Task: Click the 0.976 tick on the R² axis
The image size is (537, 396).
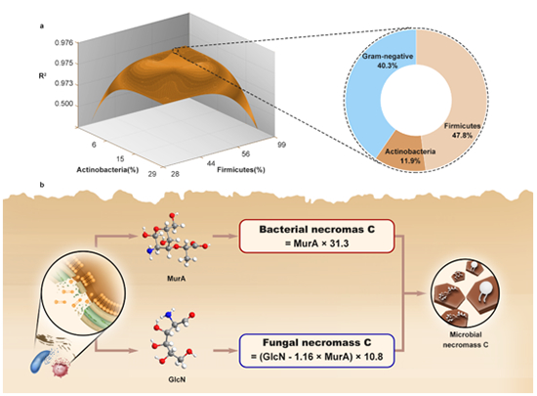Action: coord(64,43)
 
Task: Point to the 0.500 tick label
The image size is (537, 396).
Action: coord(64,104)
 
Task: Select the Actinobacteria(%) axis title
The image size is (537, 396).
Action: coord(107,170)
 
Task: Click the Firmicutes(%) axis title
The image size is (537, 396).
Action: coord(241,170)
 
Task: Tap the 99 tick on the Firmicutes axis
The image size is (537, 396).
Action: coord(281,145)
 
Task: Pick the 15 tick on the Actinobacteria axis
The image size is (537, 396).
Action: coord(120,158)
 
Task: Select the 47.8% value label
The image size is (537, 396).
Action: coord(462,136)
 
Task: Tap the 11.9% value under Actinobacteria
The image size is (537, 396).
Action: coord(410,160)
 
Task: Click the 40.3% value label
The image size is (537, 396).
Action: coord(388,66)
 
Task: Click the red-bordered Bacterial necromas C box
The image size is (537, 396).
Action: coord(316,237)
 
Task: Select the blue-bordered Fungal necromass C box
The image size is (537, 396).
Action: coord(316,350)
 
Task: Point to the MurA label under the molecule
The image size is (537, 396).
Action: coord(177,279)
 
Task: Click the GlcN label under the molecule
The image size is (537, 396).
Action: coord(177,379)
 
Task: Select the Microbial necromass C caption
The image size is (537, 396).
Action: coord(466,339)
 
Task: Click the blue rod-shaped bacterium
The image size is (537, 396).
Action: coord(40,361)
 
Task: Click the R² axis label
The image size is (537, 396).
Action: coord(42,75)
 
